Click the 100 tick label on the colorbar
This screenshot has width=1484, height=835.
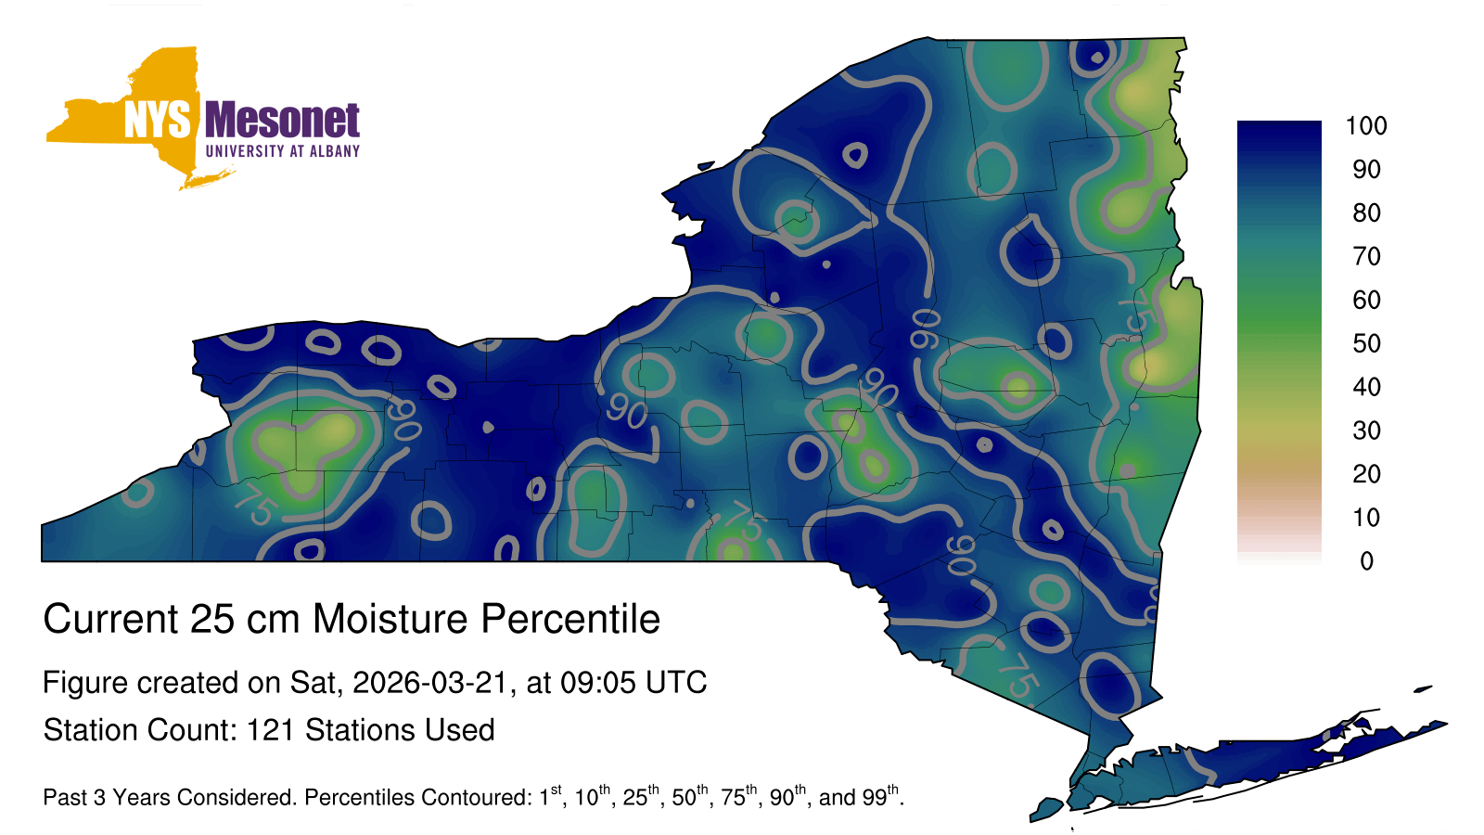1366,126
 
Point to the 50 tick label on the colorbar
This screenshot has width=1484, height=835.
1366,343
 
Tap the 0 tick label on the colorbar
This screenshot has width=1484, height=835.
1366,561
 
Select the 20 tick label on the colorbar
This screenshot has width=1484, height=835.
1366,474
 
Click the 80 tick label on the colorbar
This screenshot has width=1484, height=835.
1366,212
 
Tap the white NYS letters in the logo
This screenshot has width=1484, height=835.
158,120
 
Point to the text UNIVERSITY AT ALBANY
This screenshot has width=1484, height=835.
283,151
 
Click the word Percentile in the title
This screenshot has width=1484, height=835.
570,619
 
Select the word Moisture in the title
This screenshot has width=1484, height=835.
390,619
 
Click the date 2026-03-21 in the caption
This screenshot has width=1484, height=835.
429,683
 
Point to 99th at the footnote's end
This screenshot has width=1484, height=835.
880,795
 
